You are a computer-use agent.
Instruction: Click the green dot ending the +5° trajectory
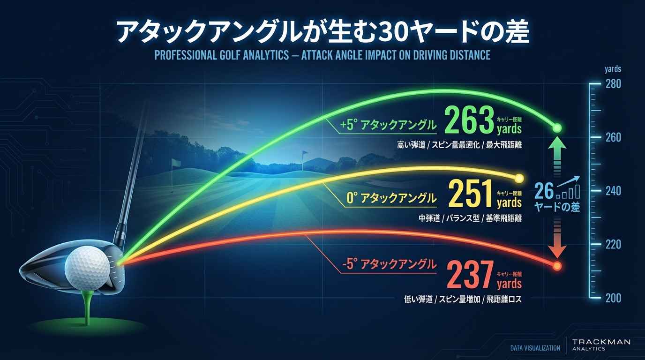tap(557, 127)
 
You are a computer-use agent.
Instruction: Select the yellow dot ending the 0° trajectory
tap(519, 178)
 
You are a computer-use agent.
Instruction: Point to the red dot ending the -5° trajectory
tap(557, 266)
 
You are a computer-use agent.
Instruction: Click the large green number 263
tap(469, 121)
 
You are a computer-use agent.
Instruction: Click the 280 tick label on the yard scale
tap(613, 84)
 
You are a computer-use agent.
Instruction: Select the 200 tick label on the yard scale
tap(613, 298)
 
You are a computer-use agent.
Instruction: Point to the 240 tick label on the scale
tap(613, 191)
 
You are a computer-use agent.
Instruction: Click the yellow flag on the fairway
tap(176, 163)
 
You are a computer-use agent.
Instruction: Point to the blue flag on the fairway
tap(305, 153)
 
